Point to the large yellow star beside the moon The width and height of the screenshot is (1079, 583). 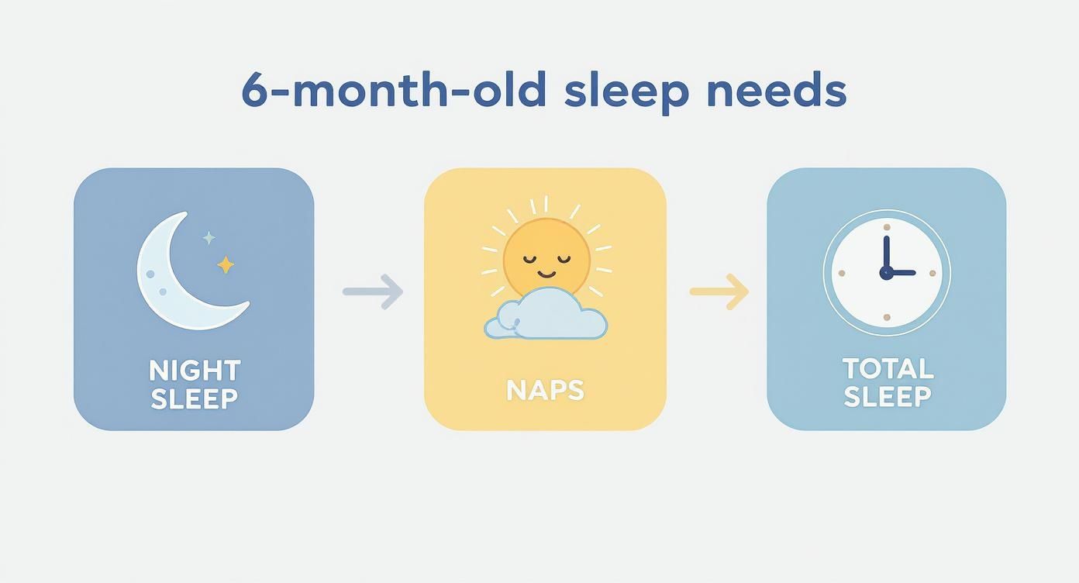[226, 265]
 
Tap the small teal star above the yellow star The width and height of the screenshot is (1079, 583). [209, 238]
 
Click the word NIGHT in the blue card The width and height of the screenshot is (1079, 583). [195, 371]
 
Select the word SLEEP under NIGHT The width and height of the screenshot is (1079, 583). [195, 399]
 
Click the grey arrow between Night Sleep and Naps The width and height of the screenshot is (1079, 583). [373, 292]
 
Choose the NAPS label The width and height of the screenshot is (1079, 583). [545, 390]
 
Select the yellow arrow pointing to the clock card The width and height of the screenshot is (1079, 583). [719, 291]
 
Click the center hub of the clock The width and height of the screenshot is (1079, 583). [886, 273]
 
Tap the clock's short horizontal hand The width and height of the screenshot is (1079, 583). [902, 273]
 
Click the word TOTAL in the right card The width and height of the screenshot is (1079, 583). [888, 368]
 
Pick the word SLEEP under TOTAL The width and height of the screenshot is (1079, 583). [888, 397]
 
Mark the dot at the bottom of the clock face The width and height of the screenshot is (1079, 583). [886, 318]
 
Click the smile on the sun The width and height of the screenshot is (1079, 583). [546, 273]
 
